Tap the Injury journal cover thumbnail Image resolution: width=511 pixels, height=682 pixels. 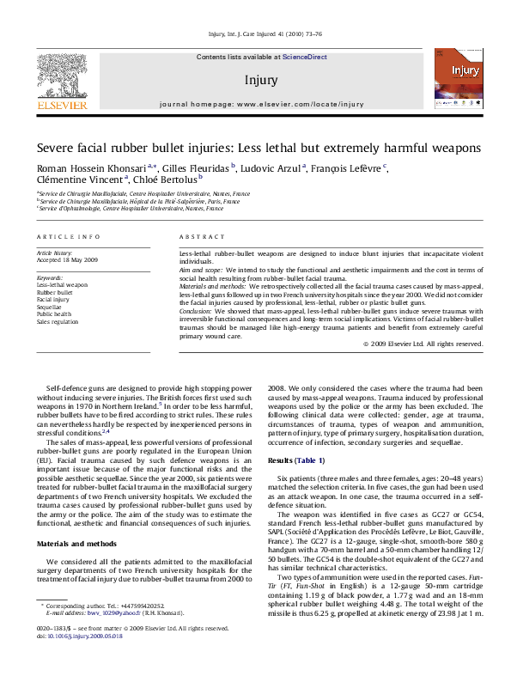(x=457, y=79)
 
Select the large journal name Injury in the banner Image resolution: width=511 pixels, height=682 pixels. (x=261, y=80)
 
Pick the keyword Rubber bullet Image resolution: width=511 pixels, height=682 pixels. (x=55, y=292)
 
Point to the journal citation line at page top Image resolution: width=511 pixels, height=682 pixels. (x=255, y=34)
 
